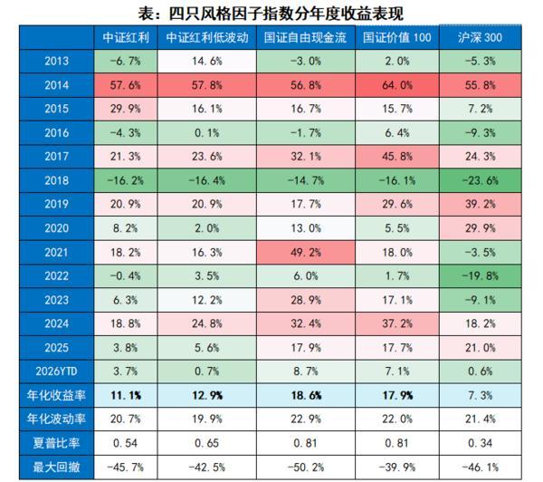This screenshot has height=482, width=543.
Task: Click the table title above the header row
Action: (272, 13)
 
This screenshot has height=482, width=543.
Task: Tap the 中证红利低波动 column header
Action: (207, 38)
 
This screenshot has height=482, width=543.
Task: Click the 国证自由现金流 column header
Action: (304, 38)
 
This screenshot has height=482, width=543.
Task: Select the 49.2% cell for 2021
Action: (304, 252)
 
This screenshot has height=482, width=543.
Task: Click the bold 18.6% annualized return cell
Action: (304, 394)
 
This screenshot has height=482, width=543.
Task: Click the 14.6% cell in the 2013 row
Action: (207, 63)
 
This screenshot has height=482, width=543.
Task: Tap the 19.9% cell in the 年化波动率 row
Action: (207, 418)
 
